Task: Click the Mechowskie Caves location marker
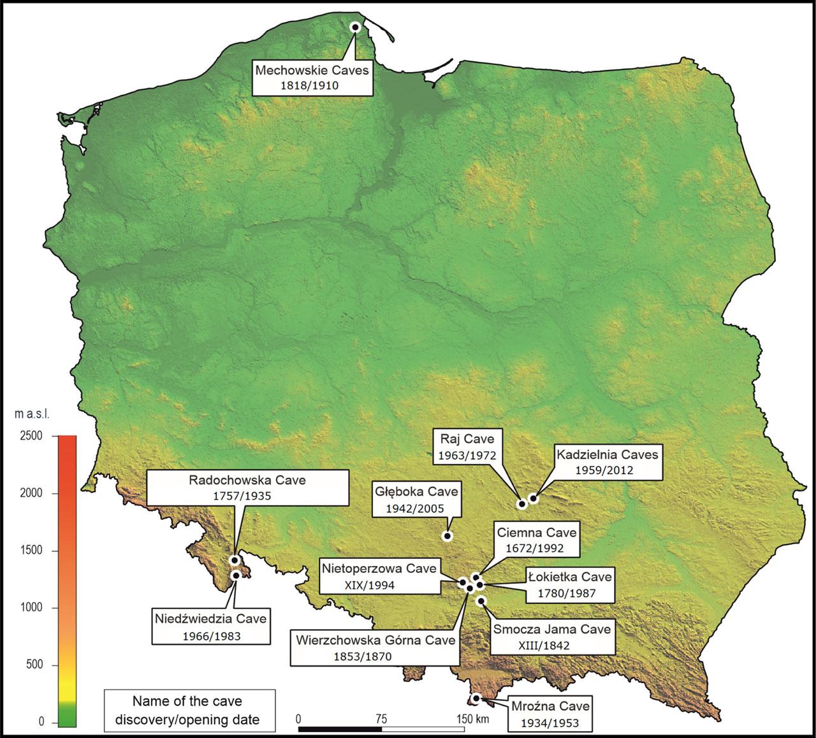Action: [356, 27]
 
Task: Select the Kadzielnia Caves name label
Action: [606, 455]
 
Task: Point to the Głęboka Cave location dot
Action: [448, 536]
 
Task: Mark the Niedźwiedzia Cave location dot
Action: [236, 575]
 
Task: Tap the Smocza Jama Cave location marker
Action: [481, 601]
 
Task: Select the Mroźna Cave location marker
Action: [476, 698]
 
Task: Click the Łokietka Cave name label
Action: [569, 577]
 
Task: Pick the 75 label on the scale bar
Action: [381, 719]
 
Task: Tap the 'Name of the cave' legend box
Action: [189, 710]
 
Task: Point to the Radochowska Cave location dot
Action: [235, 560]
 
